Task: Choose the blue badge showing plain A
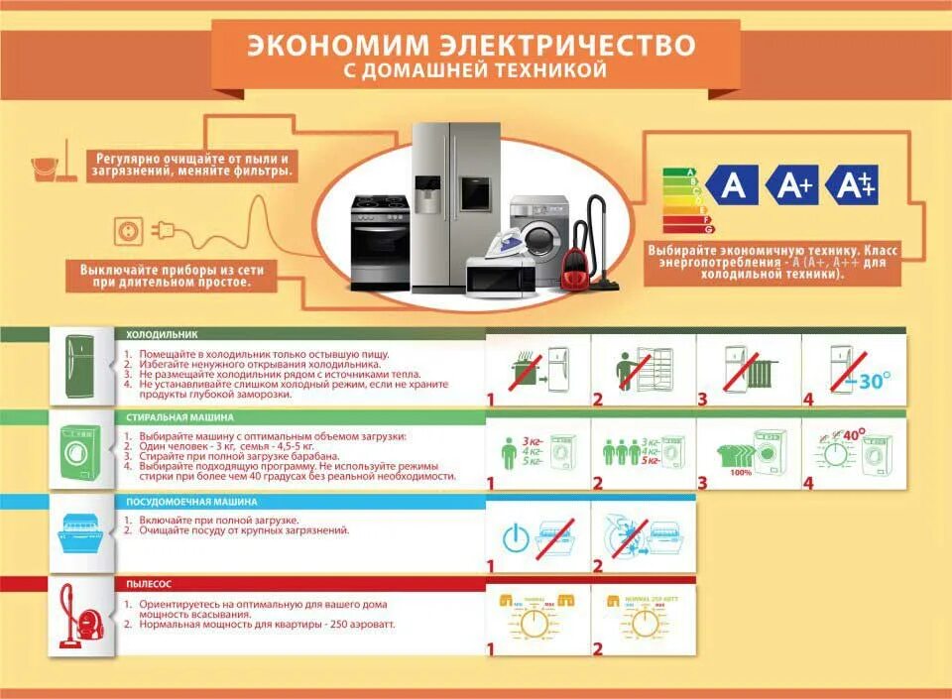(x=733, y=185)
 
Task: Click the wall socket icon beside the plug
(x=129, y=232)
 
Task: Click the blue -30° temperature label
(x=870, y=380)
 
